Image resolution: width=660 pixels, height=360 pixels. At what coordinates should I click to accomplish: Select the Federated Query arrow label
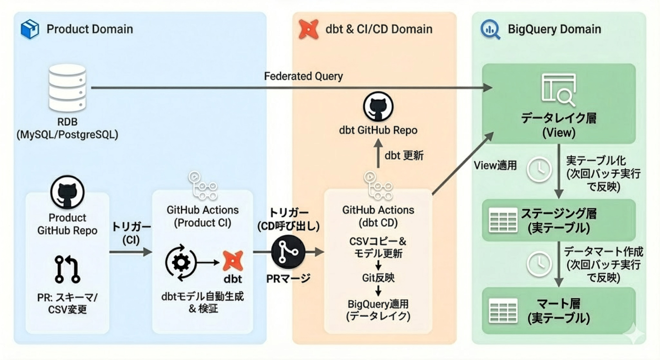coord(303,76)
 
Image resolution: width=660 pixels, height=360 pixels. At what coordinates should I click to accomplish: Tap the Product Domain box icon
coord(30,29)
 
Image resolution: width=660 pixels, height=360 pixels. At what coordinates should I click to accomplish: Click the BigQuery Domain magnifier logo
coord(490,29)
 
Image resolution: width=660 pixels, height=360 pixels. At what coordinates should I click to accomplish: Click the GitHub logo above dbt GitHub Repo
coord(378,107)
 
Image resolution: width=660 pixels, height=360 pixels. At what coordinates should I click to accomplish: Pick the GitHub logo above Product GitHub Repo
coord(67,193)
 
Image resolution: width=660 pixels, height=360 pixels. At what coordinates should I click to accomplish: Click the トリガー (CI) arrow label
coord(131,233)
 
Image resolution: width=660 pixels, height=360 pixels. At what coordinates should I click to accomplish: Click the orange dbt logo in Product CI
coord(232,261)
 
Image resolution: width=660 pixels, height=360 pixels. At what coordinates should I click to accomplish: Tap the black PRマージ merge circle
coord(288,252)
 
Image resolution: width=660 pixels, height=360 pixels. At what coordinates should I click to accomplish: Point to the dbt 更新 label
coord(404,155)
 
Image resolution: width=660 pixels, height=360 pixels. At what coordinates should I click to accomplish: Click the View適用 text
coord(495,165)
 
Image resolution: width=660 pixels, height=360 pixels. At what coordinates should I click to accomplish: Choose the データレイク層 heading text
coord(558,118)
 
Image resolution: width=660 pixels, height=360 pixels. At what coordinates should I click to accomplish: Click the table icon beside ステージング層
coord(503,221)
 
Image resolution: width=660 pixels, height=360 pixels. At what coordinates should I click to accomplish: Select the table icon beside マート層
coord(503,311)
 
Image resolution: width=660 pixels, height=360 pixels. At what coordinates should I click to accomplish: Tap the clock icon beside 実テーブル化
coord(539,170)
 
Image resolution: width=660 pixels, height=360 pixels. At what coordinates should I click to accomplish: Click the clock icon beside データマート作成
coord(539,264)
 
